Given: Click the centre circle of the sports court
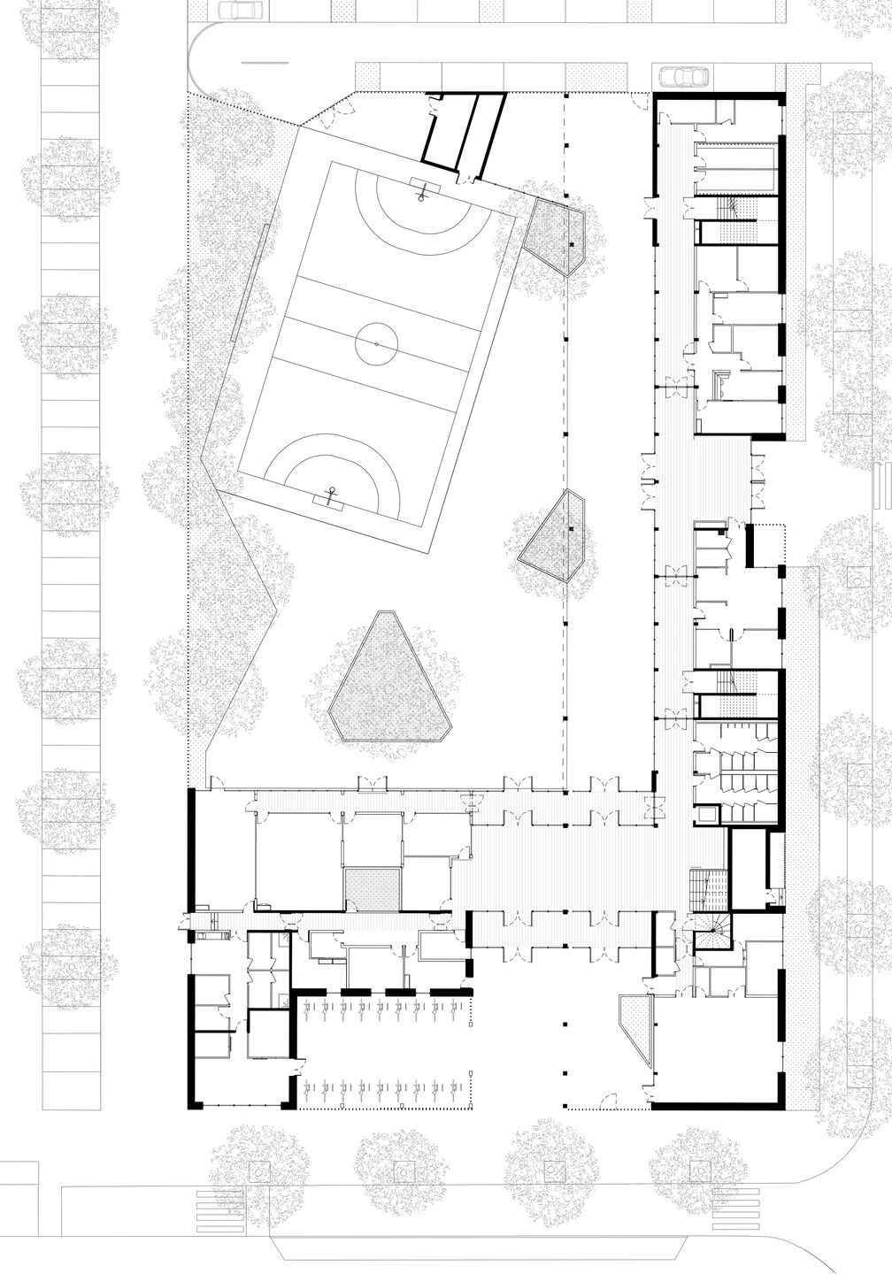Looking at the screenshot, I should tap(375, 342).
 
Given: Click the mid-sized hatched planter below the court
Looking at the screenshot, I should tap(553, 535).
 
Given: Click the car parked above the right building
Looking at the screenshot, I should tap(682, 77).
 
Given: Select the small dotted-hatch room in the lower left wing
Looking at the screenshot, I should tap(373, 889).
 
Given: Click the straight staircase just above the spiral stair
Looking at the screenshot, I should tap(709, 889).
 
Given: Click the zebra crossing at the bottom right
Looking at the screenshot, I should tap(736, 1203).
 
